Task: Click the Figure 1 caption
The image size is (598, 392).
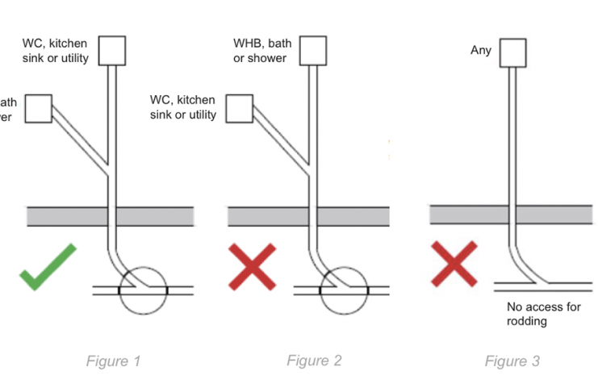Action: tap(113, 361)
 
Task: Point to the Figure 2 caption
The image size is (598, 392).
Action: tap(314, 361)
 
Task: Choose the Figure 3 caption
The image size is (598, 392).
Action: tap(512, 361)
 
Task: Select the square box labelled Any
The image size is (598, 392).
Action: tap(512, 53)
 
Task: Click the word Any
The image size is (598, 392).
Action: tap(480, 51)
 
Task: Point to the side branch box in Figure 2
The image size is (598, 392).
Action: tap(240, 108)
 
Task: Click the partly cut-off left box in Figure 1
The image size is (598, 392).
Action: tap(38, 108)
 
